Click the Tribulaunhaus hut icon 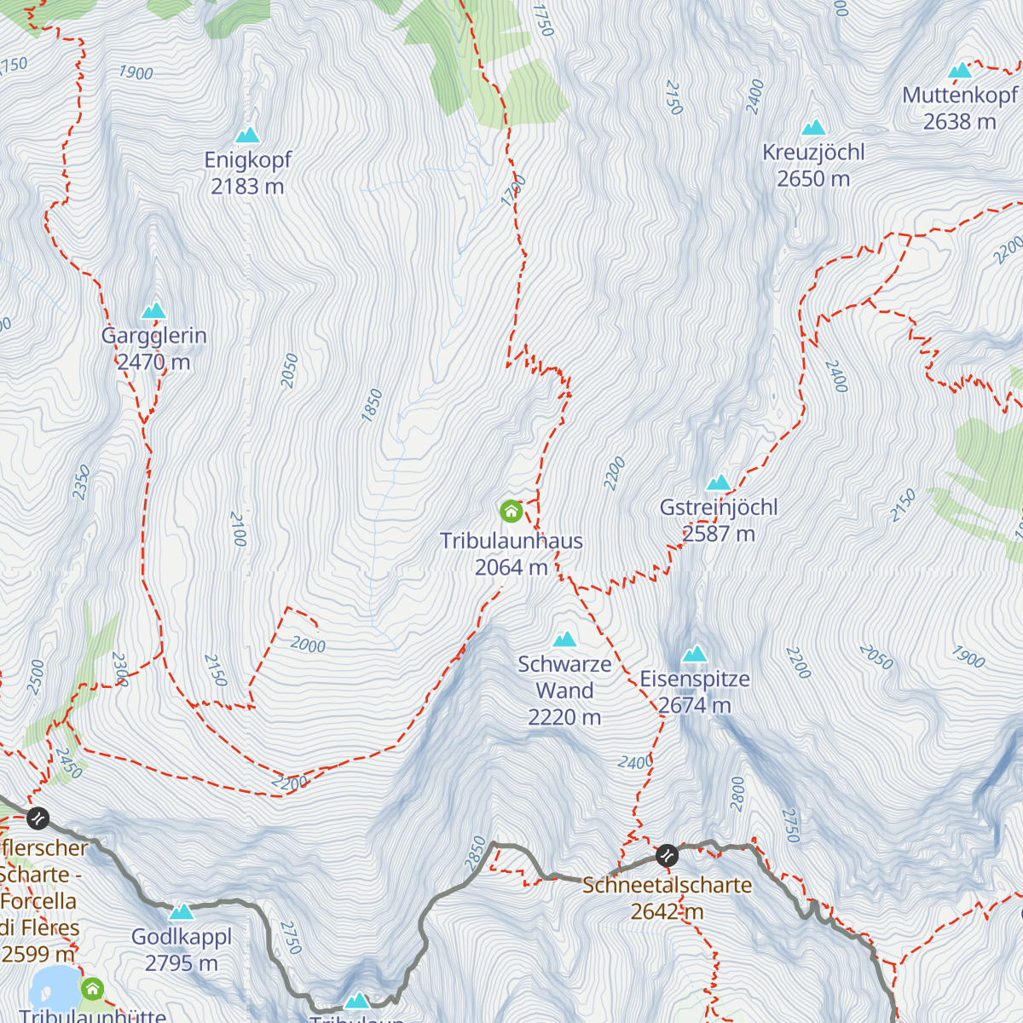tap(511, 511)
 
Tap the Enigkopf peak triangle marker tap(247, 136)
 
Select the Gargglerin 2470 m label tap(154, 349)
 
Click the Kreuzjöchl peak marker tap(813, 128)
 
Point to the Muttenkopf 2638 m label tap(960, 108)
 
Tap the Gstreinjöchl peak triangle tap(719, 483)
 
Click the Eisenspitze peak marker tap(695, 655)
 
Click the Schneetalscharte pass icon tap(667, 854)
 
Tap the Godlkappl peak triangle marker tap(182, 913)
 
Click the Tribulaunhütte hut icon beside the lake tap(93, 989)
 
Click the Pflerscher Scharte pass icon tap(38, 819)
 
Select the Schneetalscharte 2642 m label tap(668, 899)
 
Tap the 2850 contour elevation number tap(476, 853)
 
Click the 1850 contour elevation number tap(372, 405)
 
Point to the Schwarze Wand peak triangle tap(564, 639)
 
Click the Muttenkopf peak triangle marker tap(960, 71)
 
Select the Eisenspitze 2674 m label tap(695, 692)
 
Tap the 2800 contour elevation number tap(737, 793)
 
